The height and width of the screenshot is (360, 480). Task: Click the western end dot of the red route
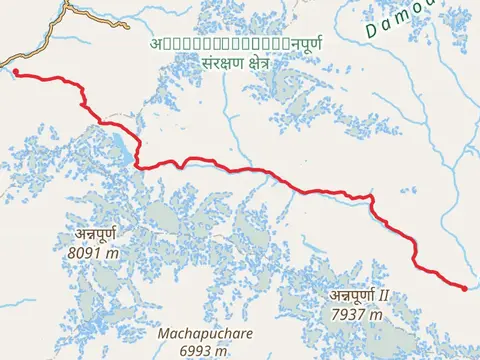[16, 71]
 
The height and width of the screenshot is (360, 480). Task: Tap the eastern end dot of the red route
[464, 288]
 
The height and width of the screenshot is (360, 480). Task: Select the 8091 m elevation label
[93, 254]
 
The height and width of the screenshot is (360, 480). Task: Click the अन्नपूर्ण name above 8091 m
[94, 236]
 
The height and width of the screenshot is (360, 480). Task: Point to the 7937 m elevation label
[357, 314]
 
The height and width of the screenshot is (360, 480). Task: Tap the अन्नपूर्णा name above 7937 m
[350, 296]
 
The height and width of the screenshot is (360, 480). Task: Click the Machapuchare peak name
[205, 333]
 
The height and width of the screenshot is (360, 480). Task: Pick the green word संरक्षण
[202, 62]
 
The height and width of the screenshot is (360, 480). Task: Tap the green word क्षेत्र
[253, 62]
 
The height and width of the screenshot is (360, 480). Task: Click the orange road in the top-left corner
[50, 24]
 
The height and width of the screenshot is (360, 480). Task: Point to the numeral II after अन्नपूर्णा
[381, 296]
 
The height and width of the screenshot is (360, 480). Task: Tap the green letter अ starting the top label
[157, 44]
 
